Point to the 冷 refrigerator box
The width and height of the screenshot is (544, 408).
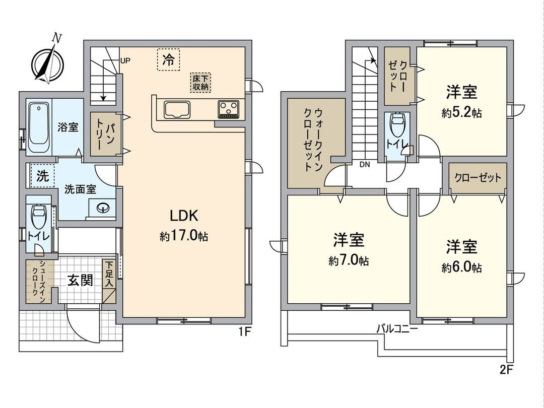[168, 60]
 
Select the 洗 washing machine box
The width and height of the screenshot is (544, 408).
[42, 176]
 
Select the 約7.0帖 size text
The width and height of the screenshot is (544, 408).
[349, 261]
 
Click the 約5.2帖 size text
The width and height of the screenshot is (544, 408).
[461, 113]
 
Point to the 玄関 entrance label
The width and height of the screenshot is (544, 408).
[81, 281]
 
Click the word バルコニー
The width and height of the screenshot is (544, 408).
[397, 329]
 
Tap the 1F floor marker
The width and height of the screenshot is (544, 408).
[244, 332]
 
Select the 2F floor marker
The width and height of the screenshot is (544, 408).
[506, 371]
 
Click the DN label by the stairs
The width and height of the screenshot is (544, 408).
[365, 164]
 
